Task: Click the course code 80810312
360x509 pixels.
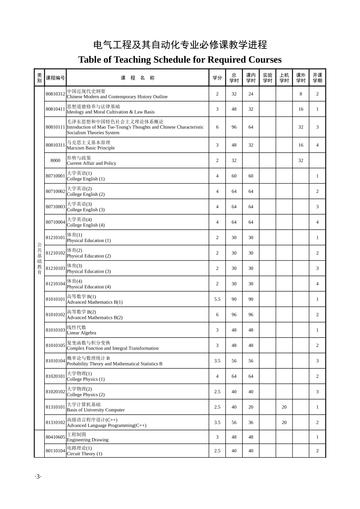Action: tap(55, 94)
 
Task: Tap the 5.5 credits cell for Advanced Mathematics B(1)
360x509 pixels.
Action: tap(217, 299)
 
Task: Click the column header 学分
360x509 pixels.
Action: tap(217, 78)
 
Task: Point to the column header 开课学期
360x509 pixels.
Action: tap(317, 78)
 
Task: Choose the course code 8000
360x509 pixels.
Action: tap(55, 161)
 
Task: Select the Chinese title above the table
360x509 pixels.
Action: tap(180, 45)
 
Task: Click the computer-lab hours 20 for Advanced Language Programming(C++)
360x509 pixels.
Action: tap(284, 423)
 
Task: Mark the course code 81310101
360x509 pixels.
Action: tap(55, 407)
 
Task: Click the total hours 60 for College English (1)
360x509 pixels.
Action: tap(234, 176)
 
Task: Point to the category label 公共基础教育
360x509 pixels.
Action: tap(39, 258)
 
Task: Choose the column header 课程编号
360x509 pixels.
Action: tap(55, 78)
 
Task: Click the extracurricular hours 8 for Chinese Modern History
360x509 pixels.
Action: tap(301, 94)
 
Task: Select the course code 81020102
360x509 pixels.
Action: tap(55, 392)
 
